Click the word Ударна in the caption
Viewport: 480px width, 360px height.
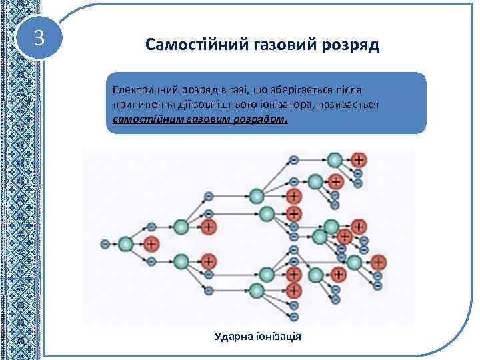231,336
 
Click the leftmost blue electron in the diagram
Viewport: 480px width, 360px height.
105,244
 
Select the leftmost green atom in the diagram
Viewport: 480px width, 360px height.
125,244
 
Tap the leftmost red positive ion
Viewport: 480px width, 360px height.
152,244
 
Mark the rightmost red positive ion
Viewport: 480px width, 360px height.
378,261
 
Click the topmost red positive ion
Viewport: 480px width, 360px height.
359,160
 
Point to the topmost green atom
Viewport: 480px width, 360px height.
335,160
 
